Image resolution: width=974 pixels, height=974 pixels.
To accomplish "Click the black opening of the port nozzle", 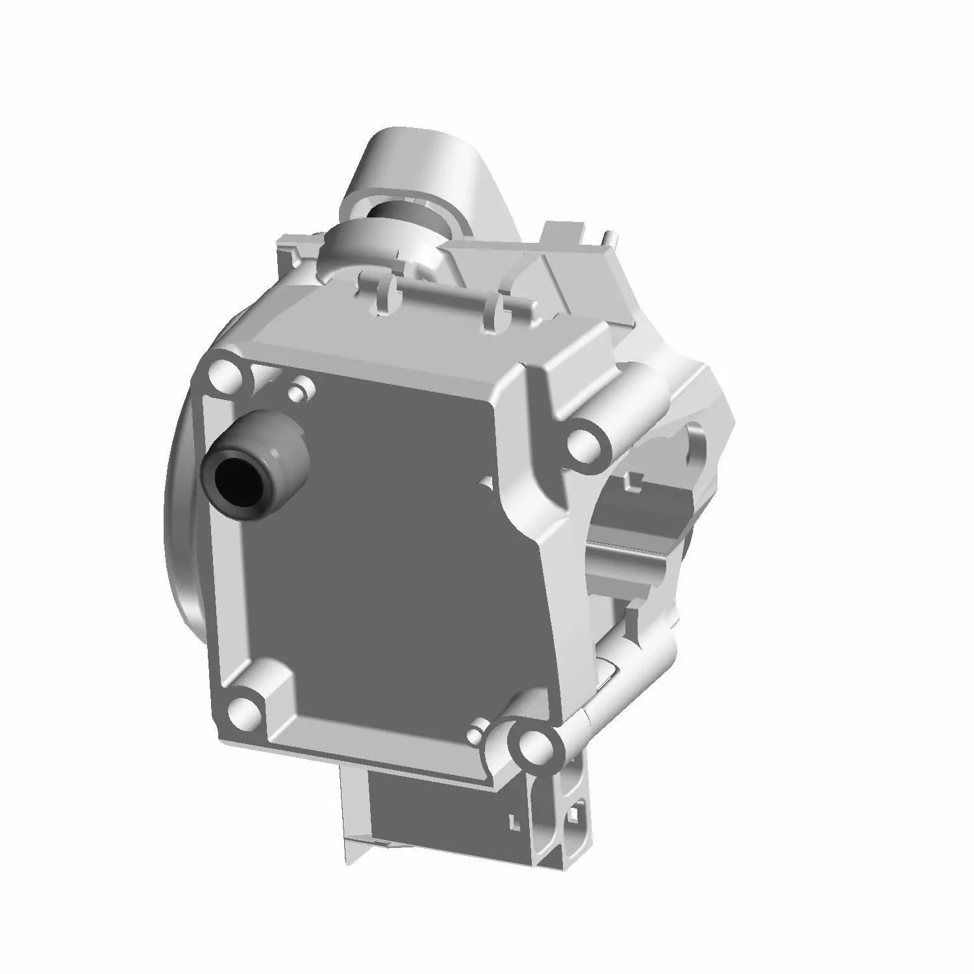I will point(235,481).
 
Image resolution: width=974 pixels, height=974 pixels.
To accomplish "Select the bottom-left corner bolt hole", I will point(242,710).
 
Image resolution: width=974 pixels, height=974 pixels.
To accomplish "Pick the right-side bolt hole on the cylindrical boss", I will point(584,445).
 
